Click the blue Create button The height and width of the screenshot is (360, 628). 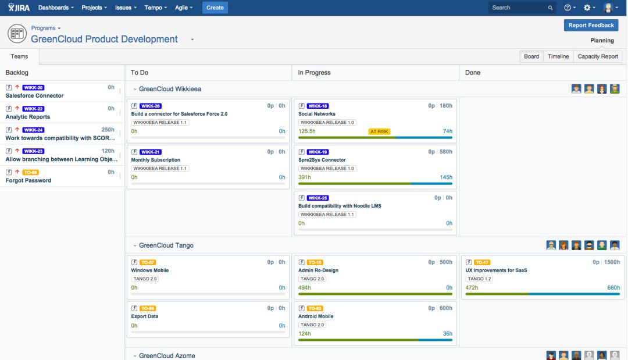(215, 8)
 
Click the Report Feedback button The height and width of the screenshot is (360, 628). (591, 25)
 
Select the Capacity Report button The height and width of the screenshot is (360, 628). (597, 56)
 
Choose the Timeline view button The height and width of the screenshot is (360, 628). (558, 56)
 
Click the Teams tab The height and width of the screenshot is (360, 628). (19, 56)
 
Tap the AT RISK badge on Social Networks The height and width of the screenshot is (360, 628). (379, 131)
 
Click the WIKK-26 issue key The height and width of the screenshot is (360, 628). (151, 106)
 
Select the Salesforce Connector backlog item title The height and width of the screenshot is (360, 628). (34, 95)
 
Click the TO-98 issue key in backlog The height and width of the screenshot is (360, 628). (30, 172)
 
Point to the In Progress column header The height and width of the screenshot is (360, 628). (314, 73)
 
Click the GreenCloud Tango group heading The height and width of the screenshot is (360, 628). (166, 245)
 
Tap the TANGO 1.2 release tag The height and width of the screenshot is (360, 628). (480, 279)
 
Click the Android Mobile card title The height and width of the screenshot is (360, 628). (316, 316)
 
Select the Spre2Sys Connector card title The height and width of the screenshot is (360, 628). (322, 160)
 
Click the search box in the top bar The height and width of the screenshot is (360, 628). (518, 8)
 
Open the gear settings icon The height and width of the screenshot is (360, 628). (587, 8)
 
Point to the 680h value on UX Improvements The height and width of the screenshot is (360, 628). (613, 287)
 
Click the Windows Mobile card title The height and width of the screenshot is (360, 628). (149, 270)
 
